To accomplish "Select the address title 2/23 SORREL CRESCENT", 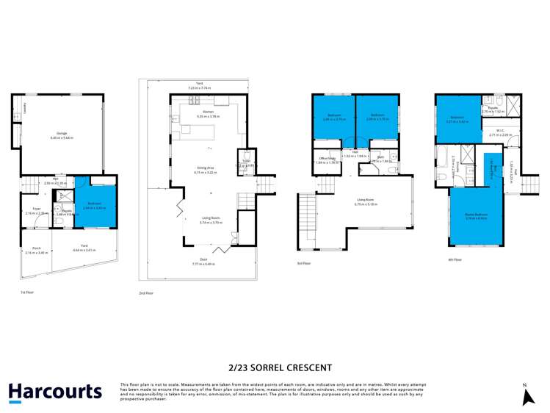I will pyautogui.click(x=275, y=367).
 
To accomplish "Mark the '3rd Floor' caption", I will pyautogui.click(x=303, y=263).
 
